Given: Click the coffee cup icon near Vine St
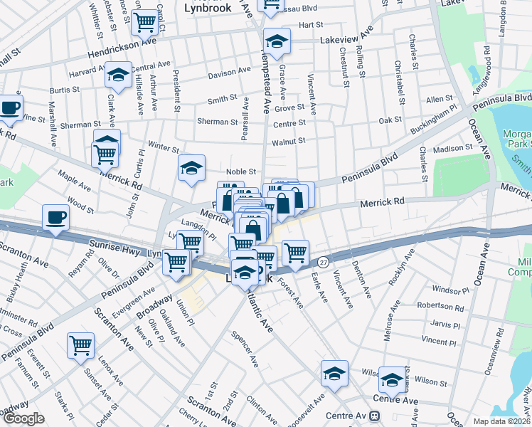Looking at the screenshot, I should coord(11,107).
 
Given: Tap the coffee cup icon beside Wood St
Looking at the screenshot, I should coord(55,217).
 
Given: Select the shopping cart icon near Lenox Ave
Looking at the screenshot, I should coord(80,346).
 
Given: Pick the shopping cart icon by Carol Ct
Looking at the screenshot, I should coord(144,22).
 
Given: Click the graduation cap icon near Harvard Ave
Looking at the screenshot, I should coord(117,75).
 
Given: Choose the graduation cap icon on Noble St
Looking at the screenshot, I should coord(191,168).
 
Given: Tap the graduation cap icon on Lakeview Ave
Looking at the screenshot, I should coord(277,41).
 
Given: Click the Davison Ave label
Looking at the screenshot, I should coord(229,73).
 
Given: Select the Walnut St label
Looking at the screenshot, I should coord(289,141).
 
